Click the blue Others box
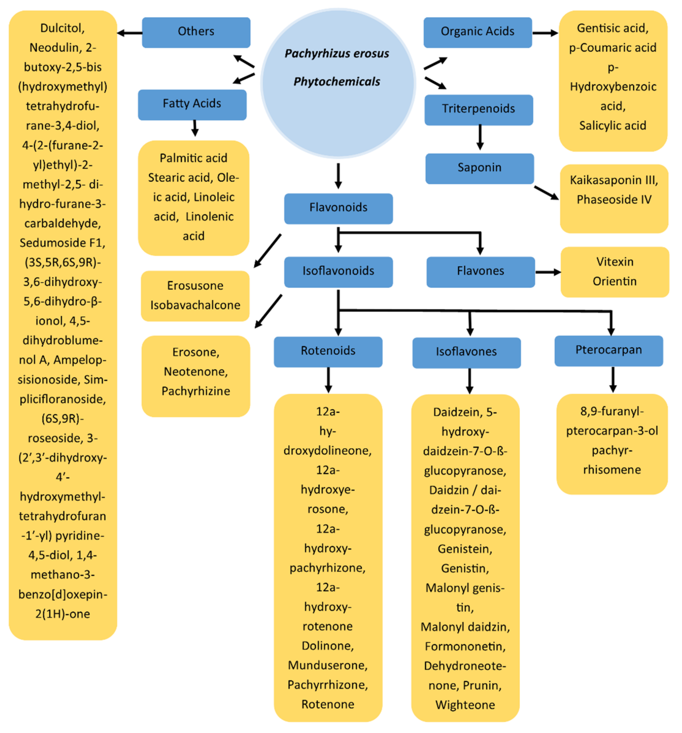tap(196, 32)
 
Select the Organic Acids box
tap(477, 32)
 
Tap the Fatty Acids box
tap(192, 105)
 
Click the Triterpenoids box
tap(478, 110)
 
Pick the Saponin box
tap(479, 168)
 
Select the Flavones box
tap(480, 272)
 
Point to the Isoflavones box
tap(466, 353)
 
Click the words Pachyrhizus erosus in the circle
tap(336, 54)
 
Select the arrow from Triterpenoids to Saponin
tap(479, 137)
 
